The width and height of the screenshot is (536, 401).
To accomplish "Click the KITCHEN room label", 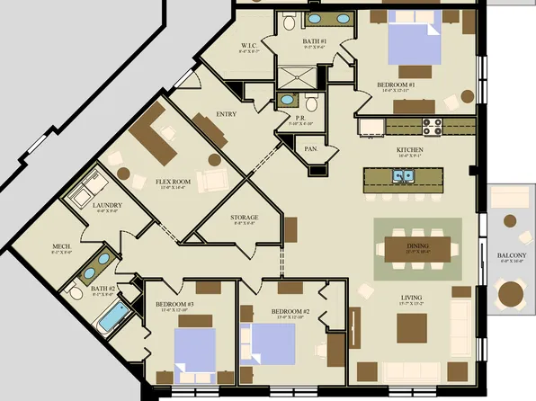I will tap(410, 150).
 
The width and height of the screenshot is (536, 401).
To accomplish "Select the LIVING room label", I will tap(412, 298).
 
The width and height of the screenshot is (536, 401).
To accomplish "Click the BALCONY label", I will tap(512, 256).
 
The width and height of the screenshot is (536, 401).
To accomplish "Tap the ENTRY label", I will tap(226, 114).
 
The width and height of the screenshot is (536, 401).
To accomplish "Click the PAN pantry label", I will tap(310, 149).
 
